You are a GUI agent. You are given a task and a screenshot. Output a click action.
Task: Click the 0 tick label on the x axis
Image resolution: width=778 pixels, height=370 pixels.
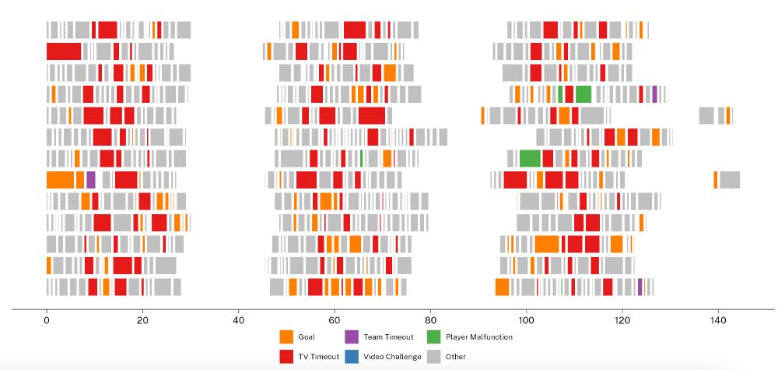coord(47,319)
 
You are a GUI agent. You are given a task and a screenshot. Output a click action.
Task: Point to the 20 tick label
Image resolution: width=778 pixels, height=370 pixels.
coord(142,319)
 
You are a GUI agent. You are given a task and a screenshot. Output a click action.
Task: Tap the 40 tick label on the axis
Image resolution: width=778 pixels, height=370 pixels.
coord(239,319)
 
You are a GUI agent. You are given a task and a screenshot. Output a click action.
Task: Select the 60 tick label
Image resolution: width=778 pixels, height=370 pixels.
coord(335,319)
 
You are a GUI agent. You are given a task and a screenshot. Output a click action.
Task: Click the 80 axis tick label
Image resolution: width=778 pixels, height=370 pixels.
coord(430,319)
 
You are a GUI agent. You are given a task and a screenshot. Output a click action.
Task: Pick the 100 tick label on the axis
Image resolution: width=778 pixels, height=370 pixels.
coord(526,319)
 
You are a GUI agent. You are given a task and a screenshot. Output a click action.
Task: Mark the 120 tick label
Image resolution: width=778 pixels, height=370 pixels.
coord(622,319)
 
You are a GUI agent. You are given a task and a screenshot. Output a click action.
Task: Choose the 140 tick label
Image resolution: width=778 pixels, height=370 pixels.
coord(718,319)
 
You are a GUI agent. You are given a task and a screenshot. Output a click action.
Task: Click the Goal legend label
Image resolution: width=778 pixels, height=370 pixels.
coord(307,337)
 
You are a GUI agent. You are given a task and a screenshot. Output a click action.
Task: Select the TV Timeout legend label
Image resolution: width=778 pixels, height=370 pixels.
coord(319,357)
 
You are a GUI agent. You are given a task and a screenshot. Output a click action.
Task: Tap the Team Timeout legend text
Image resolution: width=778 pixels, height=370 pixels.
coord(387,337)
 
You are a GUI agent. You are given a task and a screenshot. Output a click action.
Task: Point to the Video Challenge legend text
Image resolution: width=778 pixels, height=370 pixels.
coord(392,357)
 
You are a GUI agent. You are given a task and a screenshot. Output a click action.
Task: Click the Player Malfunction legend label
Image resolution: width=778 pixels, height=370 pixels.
coord(478,337)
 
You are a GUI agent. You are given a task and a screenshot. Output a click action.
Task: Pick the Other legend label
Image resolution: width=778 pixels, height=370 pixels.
coord(456,357)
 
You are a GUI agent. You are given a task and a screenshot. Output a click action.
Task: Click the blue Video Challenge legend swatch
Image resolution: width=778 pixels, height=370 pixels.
coord(351,357)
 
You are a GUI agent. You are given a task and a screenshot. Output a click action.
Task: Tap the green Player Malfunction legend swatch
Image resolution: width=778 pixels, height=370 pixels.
coord(434,337)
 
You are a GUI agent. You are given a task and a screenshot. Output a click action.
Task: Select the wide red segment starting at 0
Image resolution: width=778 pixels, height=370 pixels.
coord(64,51)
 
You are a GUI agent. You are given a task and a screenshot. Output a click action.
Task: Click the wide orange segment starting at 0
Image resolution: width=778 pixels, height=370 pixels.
coord(60,179)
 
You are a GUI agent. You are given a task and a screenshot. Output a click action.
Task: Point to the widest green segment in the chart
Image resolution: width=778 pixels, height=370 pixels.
coord(530,158)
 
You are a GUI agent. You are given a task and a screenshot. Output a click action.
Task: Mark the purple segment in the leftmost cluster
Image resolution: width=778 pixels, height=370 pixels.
coord(91,179)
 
